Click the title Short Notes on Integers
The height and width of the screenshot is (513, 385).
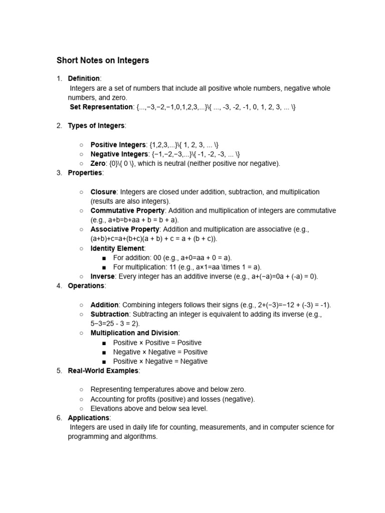(103, 61)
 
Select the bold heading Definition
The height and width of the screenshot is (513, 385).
(84, 79)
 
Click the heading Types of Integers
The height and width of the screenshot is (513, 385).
(96, 126)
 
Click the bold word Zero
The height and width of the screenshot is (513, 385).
(98, 163)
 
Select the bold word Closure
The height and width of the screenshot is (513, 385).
(103, 192)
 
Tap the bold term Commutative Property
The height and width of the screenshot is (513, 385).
(127, 210)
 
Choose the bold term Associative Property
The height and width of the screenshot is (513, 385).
(125, 229)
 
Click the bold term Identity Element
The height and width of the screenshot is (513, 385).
(117, 248)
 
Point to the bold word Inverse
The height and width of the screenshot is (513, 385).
(102, 277)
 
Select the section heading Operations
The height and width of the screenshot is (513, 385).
(86, 286)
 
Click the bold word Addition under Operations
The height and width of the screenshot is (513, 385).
(104, 305)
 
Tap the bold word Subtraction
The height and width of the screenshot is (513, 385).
(109, 315)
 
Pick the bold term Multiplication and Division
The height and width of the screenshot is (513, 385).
(134, 333)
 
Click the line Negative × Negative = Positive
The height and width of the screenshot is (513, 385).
(157, 352)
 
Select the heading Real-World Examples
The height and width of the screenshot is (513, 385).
(103, 371)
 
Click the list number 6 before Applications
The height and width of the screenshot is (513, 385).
(59, 418)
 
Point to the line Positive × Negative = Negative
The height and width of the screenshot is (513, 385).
(160, 361)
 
